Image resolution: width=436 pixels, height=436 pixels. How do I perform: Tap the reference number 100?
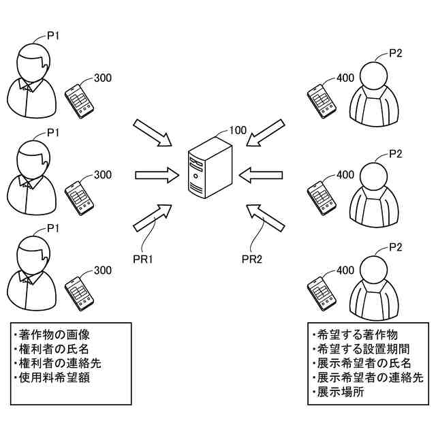click(238, 130)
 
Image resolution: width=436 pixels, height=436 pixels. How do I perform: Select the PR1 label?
click(143, 258)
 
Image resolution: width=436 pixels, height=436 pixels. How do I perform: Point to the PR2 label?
click(253, 258)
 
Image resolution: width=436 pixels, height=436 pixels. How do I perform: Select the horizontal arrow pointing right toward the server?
click(155, 175)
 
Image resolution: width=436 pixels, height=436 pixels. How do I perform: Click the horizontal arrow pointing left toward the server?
click(264, 176)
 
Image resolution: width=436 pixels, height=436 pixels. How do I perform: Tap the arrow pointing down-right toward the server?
click(154, 133)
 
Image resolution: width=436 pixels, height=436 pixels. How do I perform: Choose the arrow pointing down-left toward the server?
click(266, 134)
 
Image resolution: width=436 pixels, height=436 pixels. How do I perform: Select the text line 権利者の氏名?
click(54, 349)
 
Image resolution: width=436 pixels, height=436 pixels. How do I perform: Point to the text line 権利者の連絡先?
click(59, 362)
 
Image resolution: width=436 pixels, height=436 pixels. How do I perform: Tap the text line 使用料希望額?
click(54, 377)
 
